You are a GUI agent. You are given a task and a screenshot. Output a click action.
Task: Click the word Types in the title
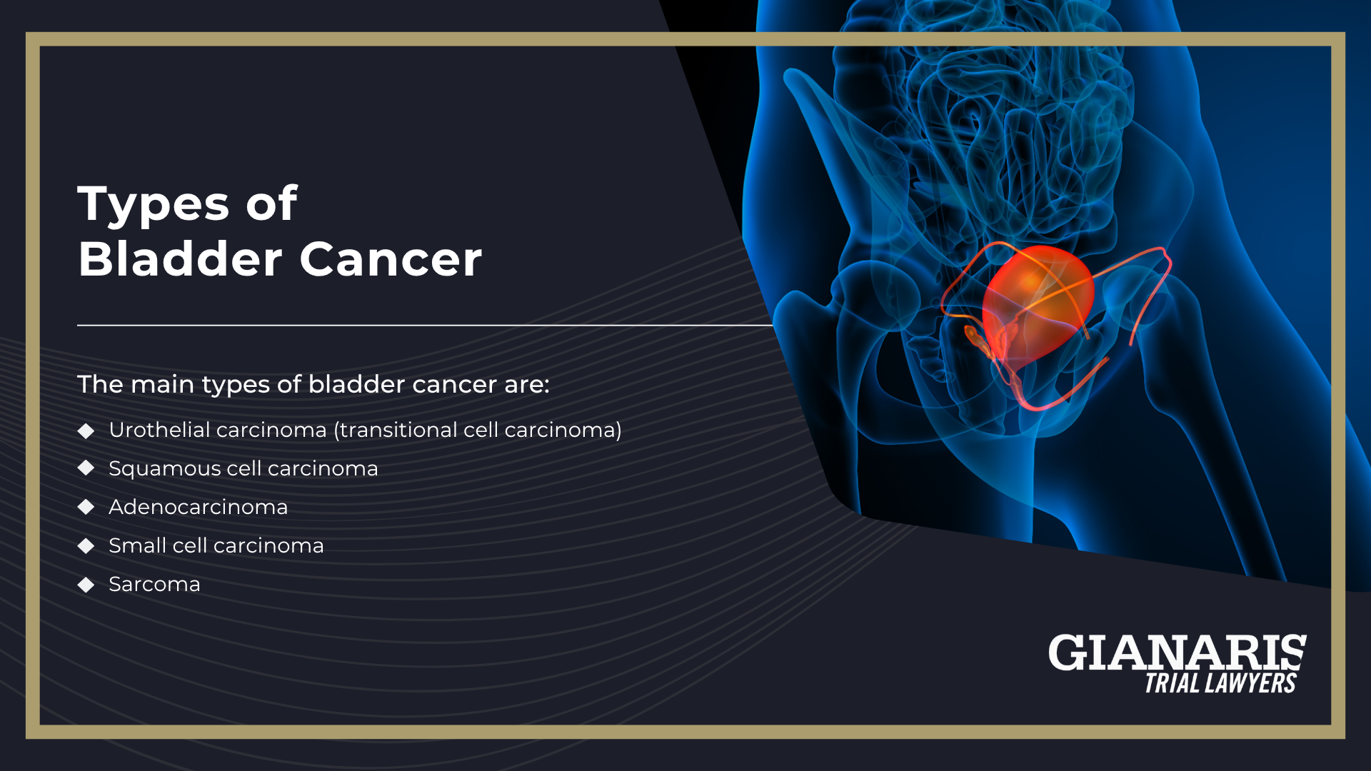pos(154,205)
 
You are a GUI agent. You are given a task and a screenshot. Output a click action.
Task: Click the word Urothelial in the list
pos(158,430)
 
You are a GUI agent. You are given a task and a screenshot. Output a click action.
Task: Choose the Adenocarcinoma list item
pos(199,507)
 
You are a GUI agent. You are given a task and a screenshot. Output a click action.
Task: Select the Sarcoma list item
pos(154,585)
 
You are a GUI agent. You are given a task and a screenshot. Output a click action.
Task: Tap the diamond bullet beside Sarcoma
pos(86,585)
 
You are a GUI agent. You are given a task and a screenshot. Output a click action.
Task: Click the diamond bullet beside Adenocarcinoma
pos(86,507)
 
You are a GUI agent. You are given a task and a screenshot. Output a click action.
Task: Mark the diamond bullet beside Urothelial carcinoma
pos(86,430)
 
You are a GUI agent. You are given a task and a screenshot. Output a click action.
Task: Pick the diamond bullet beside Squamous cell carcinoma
pos(86,468)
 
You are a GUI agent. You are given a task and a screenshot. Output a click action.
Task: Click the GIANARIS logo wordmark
pos(1177,652)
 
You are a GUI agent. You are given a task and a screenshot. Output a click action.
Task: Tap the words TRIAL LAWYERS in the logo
pos(1220,683)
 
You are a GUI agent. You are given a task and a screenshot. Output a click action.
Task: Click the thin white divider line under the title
pos(425,326)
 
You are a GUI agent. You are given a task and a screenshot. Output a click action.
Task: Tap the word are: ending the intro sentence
pos(527,385)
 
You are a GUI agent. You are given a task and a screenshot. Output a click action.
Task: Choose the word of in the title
pos(271,204)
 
